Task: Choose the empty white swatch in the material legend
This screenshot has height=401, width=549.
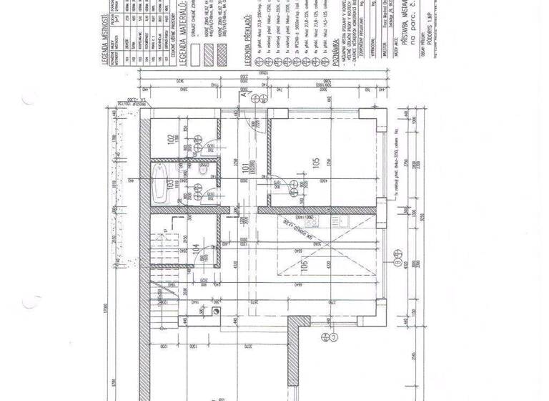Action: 196,34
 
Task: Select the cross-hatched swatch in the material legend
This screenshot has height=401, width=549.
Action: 209,34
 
